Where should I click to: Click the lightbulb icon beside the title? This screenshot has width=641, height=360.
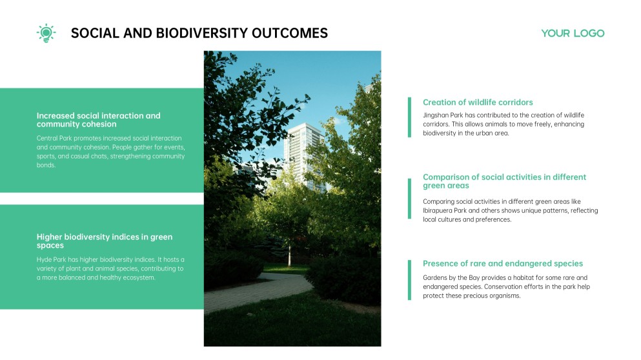(x=46, y=33)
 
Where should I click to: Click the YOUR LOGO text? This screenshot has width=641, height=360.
(x=573, y=34)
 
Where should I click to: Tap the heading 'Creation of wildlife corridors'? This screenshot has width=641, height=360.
(x=478, y=103)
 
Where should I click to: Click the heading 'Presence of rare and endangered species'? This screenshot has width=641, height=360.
(x=503, y=263)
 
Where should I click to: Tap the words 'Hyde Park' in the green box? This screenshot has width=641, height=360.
(x=51, y=259)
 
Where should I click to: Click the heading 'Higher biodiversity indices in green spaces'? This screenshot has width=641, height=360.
(x=105, y=241)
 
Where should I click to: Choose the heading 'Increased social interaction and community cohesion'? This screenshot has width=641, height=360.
(x=98, y=119)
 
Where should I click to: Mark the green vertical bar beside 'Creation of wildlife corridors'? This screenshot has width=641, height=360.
(x=409, y=117)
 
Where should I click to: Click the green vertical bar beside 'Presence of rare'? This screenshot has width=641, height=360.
(x=409, y=279)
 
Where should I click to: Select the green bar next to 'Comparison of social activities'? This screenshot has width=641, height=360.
(x=409, y=199)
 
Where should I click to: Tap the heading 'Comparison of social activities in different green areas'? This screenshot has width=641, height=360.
(x=504, y=181)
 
